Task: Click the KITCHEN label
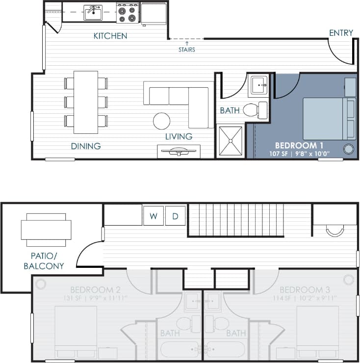(x=110, y=36)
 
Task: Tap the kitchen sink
(x=93, y=13)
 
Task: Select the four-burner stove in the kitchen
(x=128, y=13)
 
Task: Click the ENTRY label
(x=341, y=33)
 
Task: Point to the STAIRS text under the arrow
(x=186, y=50)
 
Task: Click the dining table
(x=86, y=102)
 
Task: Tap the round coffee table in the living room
(x=161, y=121)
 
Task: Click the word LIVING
(x=179, y=136)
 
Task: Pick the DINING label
(x=86, y=146)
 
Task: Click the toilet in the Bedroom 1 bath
(x=255, y=110)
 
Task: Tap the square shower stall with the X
(x=230, y=141)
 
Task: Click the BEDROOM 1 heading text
(x=299, y=145)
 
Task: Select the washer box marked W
(x=153, y=216)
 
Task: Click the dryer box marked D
(x=175, y=216)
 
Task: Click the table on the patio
(x=46, y=230)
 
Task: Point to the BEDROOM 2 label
(x=93, y=289)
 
